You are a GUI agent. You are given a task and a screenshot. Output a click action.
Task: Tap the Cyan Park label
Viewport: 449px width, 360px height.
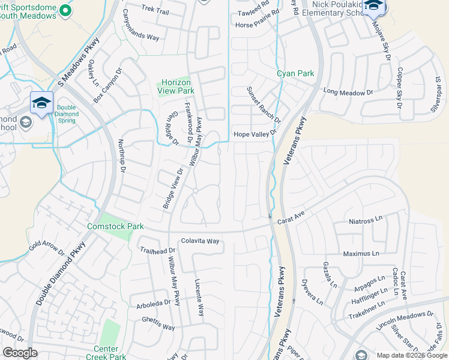point(295,74)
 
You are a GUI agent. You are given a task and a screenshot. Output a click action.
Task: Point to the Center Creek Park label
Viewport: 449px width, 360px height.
point(110,353)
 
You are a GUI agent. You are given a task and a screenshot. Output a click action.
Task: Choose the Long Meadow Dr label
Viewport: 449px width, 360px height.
point(348,93)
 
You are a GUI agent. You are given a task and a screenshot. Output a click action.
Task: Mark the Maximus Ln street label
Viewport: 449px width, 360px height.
point(363,254)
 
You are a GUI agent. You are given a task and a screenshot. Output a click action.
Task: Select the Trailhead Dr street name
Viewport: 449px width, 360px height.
point(157,250)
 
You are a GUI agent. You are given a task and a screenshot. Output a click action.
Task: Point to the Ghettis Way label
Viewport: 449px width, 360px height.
point(158,328)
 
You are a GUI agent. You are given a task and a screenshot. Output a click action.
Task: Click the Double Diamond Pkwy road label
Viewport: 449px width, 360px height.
point(60,273)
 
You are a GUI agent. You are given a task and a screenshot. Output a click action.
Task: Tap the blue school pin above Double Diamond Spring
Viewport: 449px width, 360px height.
point(41,102)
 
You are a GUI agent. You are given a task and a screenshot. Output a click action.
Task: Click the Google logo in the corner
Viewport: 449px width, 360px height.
point(20,353)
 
